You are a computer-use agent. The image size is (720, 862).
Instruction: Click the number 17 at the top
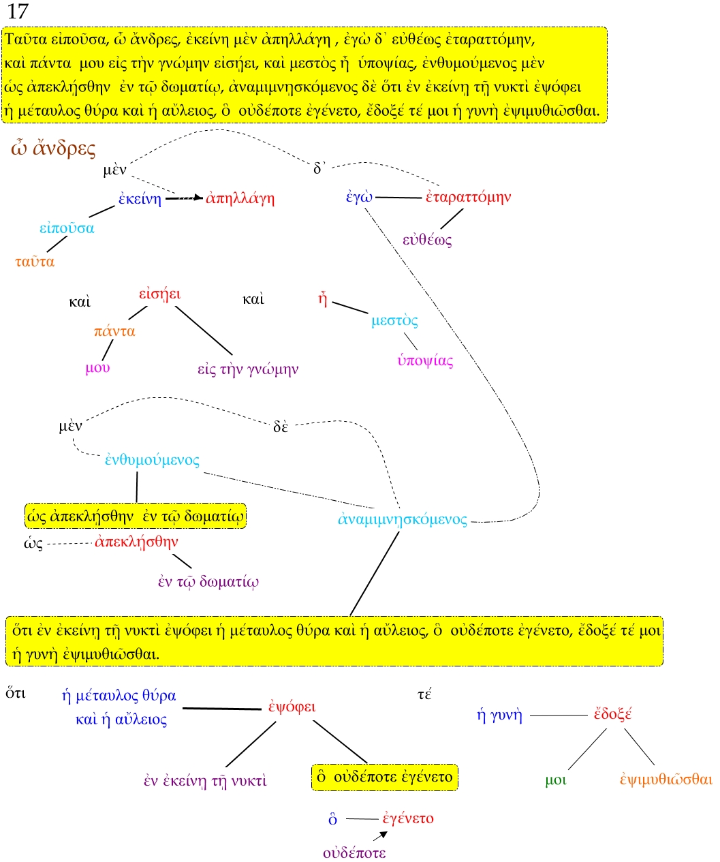[18, 11]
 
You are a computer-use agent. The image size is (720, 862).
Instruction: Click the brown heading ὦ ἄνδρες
[53, 149]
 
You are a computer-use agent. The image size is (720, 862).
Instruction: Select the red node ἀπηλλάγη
[240, 198]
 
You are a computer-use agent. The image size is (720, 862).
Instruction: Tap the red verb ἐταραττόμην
[468, 197]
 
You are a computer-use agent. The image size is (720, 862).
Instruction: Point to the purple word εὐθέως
[427, 240]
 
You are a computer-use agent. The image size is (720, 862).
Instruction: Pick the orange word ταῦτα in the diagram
[35, 262]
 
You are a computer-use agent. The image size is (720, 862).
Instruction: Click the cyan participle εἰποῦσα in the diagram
[67, 228]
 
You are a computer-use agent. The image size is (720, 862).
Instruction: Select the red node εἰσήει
[159, 294]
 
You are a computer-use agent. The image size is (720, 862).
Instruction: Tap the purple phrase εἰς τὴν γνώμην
[248, 369]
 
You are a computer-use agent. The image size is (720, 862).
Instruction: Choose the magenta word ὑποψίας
[425, 360]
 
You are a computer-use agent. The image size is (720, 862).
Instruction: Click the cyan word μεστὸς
[394, 320]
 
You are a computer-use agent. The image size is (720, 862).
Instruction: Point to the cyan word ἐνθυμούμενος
[152, 460]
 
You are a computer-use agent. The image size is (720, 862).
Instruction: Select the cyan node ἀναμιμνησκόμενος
[403, 519]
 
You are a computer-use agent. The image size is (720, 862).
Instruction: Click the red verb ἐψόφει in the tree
[291, 707]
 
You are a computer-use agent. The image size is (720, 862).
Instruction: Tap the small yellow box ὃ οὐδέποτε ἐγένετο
[385, 777]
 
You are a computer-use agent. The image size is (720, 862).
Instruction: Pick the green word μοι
[555, 780]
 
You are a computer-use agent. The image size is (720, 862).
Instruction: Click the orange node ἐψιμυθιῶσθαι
[666, 779]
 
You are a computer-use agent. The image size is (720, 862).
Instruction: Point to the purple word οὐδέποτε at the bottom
[354, 852]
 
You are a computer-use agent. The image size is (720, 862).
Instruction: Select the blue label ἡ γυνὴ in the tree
[499, 715]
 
